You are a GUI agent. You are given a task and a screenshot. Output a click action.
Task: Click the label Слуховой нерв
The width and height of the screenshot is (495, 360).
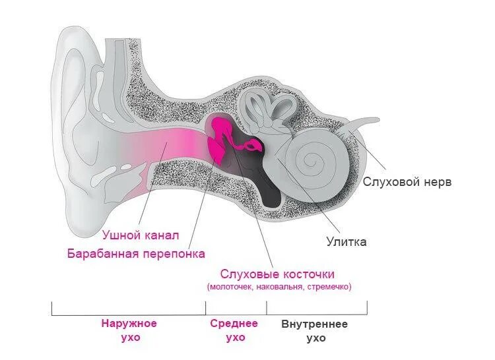[x=407, y=182]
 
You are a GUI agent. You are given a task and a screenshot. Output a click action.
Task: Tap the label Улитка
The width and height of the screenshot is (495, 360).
[x=346, y=241]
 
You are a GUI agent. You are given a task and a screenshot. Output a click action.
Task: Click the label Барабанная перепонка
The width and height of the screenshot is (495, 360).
[x=136, y=253]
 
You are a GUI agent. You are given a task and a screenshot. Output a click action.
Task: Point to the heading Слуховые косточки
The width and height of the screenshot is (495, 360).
[x=277, y=274]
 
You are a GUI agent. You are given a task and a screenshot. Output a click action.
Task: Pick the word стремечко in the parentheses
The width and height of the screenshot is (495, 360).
[x=329, y=287]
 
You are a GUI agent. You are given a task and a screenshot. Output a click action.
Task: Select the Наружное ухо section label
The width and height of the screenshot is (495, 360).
[x=129, y=330]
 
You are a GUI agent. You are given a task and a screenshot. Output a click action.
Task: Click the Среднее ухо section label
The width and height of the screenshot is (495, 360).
[x=234, y=330]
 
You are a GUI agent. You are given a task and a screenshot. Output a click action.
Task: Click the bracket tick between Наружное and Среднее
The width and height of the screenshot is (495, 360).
[x=206, y=308]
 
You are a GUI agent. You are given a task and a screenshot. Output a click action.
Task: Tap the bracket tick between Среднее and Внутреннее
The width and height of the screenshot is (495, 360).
[x=267, y=308]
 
